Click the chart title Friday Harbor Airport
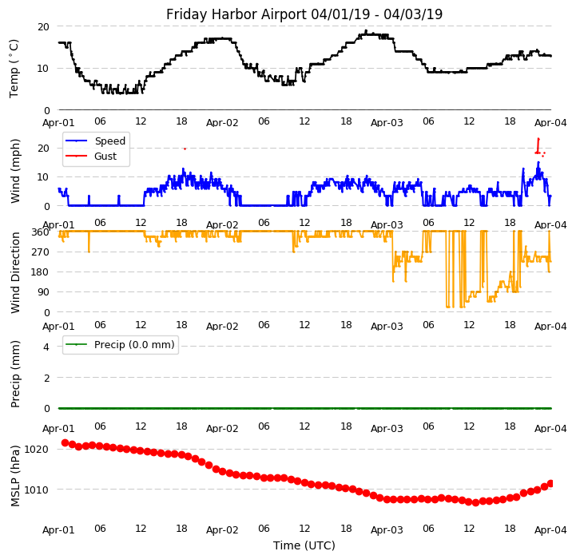(304, 14)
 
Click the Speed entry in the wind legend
(109, 141)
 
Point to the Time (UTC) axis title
(304, 545)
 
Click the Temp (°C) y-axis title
(14, 68)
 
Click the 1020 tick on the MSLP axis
(38, 449)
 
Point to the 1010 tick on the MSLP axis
(38, 490)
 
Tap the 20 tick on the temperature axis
(43, 26)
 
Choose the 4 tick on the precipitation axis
(46, 347)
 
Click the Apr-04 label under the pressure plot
(550, 529)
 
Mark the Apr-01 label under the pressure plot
(58, 529)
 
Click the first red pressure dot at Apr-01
(65, 442)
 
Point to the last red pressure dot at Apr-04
(550, 483)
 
